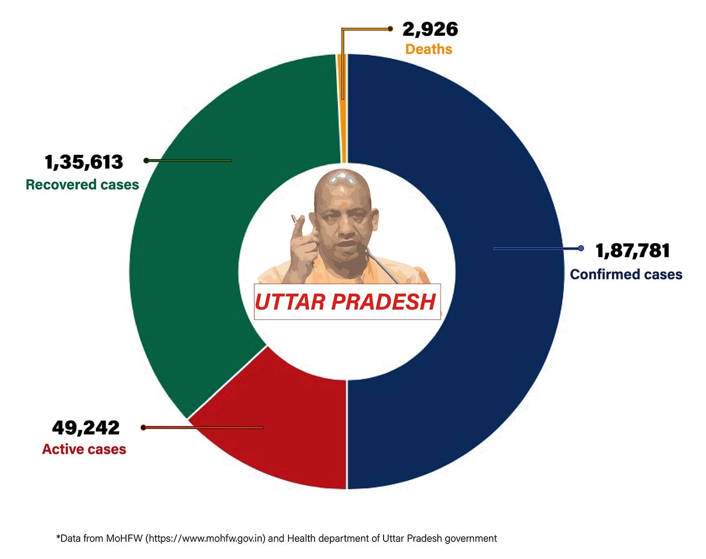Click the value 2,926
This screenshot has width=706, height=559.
[x=430, y=29]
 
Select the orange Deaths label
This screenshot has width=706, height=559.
[x=429, y=49]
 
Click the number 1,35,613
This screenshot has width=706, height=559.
[x=84, y=162]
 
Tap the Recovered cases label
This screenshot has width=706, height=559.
[x=82, y=184]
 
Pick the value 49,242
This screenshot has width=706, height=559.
[x=86, y=427]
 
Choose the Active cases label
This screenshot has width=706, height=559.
[x=84, y=449]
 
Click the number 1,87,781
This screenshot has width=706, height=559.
[x=632, y=251]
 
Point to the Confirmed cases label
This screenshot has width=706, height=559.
[x=626, y=274]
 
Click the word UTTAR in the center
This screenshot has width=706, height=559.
[x=290, y=302]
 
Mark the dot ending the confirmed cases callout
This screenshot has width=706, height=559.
[x=581, y=248]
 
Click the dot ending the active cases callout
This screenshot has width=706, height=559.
[x=144, y=427]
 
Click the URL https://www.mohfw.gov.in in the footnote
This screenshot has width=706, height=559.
[x=206, y=539]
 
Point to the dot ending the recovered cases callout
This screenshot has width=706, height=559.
[x=146, y=160]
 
